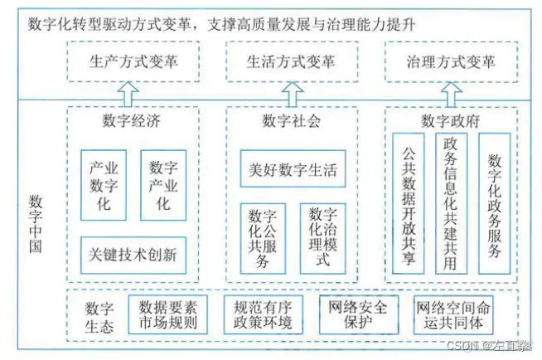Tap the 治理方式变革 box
tap(451, 61)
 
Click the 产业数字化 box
tap(104, 184)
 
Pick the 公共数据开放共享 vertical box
tap(407, 203)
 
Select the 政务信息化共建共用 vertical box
tap(452, 203)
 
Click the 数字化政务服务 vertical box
tap(496, 203)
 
